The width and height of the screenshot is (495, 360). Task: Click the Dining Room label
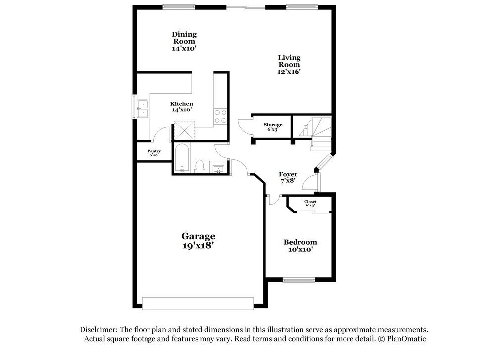[184, 42]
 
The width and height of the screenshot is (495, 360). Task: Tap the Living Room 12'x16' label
[289, 65]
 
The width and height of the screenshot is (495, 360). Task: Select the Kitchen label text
[181, 106]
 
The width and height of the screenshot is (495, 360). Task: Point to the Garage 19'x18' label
[198, 241]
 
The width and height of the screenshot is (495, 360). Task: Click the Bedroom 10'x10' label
[300, 246]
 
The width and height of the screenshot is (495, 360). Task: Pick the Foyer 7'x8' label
[288, 177]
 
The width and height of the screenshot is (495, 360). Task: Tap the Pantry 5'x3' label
[154, 153]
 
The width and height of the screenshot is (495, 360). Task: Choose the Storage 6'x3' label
[272, 127]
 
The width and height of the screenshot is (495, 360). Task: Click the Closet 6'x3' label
[310, 203]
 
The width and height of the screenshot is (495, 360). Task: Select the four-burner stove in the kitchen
[220, 116]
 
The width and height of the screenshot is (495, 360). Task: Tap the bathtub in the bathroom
[182, 158]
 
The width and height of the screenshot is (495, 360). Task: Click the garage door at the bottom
[198, 303]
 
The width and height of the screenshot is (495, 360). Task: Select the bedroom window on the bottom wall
[299, 280]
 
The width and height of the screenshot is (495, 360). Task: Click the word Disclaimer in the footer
[98, 330]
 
